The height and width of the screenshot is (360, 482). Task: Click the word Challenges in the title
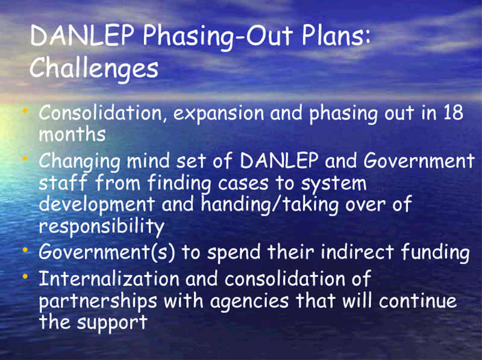pyautogui.click(x=94, y=68)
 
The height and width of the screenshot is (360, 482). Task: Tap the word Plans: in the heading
pyautogui.click(x=336, y=36)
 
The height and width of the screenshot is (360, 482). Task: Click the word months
pyautogui.click(x=72, y=134)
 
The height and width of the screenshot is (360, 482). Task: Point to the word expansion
pyautogui.click(x=219, y=113)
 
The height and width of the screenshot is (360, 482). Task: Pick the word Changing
pyautogui.click(x=80, y=162)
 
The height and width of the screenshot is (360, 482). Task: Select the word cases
pyautogui.click(x=243, y=184)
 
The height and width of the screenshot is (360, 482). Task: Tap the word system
pyautogui.click(x=334, y=184)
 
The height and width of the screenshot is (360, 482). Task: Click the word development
pyautogui.click(x=97, y=204)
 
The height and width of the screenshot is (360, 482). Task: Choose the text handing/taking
pyautogui.click(x=269, y=204)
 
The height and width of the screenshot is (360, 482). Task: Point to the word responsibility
pyautogui.click(x=102, y=227)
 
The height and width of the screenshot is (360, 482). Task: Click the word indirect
pyautogui.click(x=357, y=251)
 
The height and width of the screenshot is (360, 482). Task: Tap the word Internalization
pyautogui.click(x=109, y=279)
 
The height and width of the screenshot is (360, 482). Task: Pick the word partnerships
pyautogui.click(x=98, y=301)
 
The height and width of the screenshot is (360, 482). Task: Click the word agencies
pyautogui.click(x=249, y=302)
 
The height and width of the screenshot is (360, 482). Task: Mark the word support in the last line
pyautogui.click(x=112, y=323)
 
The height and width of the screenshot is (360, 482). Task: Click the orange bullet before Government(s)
pyautogui.click(x=25, y=250)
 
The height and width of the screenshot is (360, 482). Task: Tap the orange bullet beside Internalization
pyautogui.click(x=25, y=277)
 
